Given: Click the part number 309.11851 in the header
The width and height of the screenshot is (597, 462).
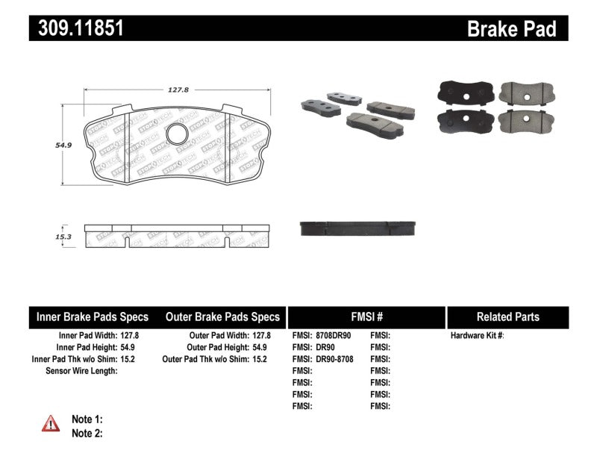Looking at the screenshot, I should pyautogui.click(x=76, y=28).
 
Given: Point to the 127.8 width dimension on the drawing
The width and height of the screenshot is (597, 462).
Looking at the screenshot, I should pyautogui.click(x=178, y=90).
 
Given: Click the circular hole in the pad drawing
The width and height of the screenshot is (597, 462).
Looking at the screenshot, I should pyautogui.click(x=178, y=134).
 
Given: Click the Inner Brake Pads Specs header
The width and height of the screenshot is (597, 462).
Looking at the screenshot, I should pyautogui.click(x=92, y=316).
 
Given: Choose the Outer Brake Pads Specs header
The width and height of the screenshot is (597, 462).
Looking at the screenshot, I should pyautogui.click(x=222, y=316).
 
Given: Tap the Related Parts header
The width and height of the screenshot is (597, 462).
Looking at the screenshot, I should pyautogui.click(x=507, y=316).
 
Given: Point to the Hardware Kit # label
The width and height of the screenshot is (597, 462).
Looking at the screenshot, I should pyautogui.click(x=477, y=336).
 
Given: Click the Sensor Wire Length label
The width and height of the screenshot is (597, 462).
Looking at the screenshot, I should pyautogui.click(x=81, y=371).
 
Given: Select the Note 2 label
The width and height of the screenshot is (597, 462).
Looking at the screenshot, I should pyautogui.click(x=87, y=433).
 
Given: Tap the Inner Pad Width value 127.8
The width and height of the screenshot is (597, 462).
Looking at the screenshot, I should pyautogui.click(x=130, y=336).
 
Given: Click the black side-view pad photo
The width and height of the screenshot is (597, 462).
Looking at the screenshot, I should pyautogui.click(x=358, y=228).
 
